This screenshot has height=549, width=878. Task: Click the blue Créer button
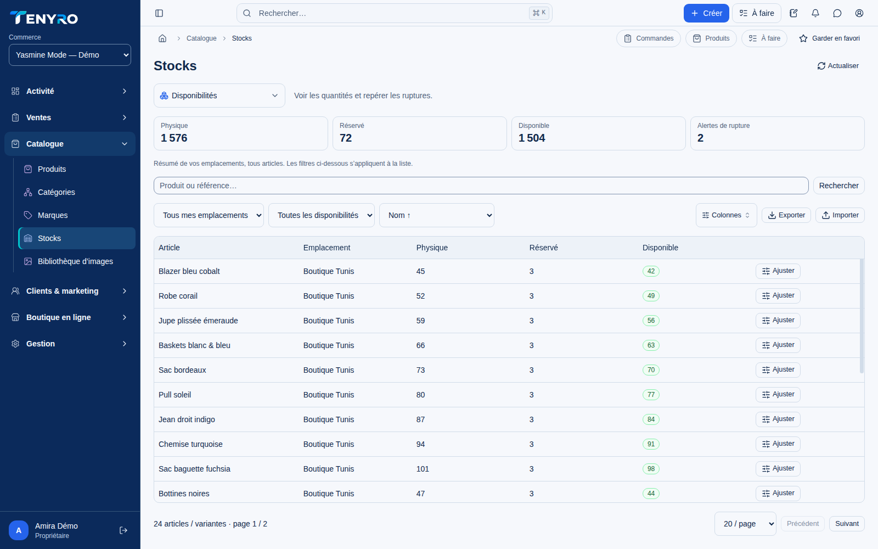pos(706,13)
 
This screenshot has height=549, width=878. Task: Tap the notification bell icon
pos(815,13)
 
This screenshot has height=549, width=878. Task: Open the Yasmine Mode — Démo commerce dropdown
pos(70,55)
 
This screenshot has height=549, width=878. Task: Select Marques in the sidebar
pos(53,215)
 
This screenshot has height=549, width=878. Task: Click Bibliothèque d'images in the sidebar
pos(75,261)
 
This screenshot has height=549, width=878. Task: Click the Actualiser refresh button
pos(838,66)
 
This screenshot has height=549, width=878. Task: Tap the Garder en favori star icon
pos(803,38)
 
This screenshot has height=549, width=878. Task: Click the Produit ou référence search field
pos(481,186)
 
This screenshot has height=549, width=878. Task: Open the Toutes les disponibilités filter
pos(322,215)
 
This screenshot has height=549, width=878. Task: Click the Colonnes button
pos(727,215)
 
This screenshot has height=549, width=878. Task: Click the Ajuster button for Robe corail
pos(778,296)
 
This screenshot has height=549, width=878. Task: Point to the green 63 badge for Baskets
pos(651,345)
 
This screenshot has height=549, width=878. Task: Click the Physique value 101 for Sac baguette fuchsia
pos(423,469)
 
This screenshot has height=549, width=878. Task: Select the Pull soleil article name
pos(175,395)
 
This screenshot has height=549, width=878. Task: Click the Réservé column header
pos(543,248)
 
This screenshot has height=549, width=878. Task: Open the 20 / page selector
pos(745,524)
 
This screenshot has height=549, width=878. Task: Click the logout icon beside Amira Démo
pos(123,530)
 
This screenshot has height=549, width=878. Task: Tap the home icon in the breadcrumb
pos(162,38)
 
